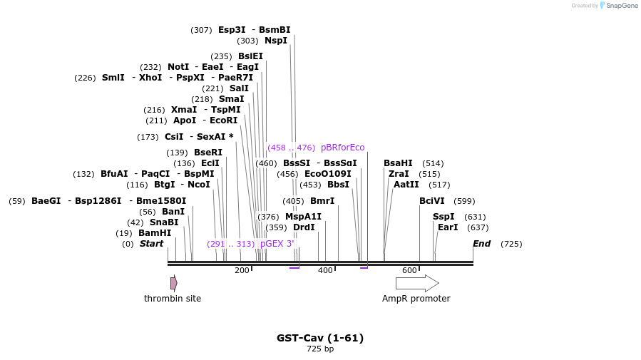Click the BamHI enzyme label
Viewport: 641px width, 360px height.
tap(155, 233)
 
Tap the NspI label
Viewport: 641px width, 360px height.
tap(276, 41)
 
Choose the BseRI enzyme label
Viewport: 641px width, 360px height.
tap(208, 153)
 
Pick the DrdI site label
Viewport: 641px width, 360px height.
tap(304, 227)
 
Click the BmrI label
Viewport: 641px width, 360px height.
tap(322, 201)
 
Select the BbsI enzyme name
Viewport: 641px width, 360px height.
tap(339, 185)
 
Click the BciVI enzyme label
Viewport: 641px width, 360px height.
tap(432, 201)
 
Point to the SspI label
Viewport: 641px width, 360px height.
tap(443, 217)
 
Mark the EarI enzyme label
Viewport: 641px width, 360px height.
tap(448, 227)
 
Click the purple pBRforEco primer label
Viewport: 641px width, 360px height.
tap(342, 148)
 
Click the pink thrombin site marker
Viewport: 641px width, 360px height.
tap(173, 283)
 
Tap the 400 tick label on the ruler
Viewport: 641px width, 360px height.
tap(325, 270)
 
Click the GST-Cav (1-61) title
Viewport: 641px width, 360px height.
tap(320, 338)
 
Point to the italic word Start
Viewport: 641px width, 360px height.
tap(151, 244)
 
